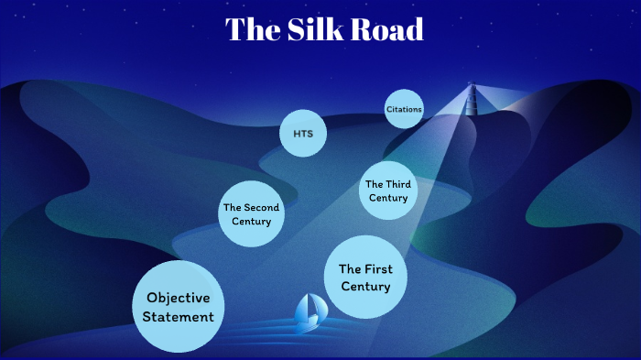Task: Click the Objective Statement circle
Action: (x=179, y=307)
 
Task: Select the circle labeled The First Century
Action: (x=365, y=278)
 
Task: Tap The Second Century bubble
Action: (x=251, y=214)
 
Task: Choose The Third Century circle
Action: (x=387, y=191)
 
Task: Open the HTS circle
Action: (x=303, y=134)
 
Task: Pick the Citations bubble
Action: (x=404, y=110)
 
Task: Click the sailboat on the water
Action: (x=308, y=314)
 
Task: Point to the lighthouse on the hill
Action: (x=473, y=99)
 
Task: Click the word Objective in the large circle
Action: (x=179, y=298)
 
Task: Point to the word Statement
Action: (x=179, y=317)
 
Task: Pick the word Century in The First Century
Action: (x=365, y=287)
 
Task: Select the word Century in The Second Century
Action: (x=251, y=221)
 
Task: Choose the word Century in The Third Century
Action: (x=387, y=197)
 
